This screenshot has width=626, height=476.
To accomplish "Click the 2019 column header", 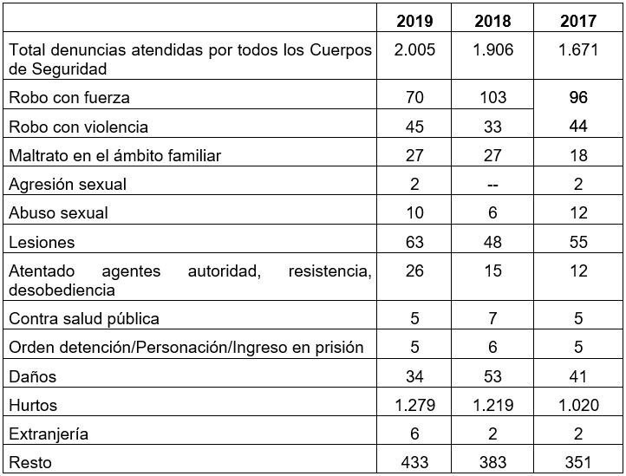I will click(x=414, y=20).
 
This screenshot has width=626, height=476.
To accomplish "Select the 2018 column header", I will click(x=492, y=20).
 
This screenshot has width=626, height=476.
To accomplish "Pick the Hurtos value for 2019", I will click(x=414, y=405).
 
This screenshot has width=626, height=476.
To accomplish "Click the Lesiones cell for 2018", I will click(x=492, y=243).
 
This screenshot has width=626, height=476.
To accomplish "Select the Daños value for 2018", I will click(x=492, y=376).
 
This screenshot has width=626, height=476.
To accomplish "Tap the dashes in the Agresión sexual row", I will click(x=492, y=185).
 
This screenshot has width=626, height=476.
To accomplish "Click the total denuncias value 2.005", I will click(x=414, y=49).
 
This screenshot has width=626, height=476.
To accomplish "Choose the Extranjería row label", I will click(x=49, y=434).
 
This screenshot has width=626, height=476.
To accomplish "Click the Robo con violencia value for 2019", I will click(x=414, y=127).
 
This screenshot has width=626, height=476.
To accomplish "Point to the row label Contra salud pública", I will click(x=84, y=318).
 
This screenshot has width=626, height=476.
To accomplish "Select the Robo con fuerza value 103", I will click(x=492, y=98).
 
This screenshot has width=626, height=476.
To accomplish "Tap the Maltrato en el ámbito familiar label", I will click(x=115, y=156).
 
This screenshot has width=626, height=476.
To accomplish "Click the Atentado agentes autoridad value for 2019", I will click(x=414, y=271).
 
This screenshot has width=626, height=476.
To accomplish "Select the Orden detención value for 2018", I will click(x=492, y=348).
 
